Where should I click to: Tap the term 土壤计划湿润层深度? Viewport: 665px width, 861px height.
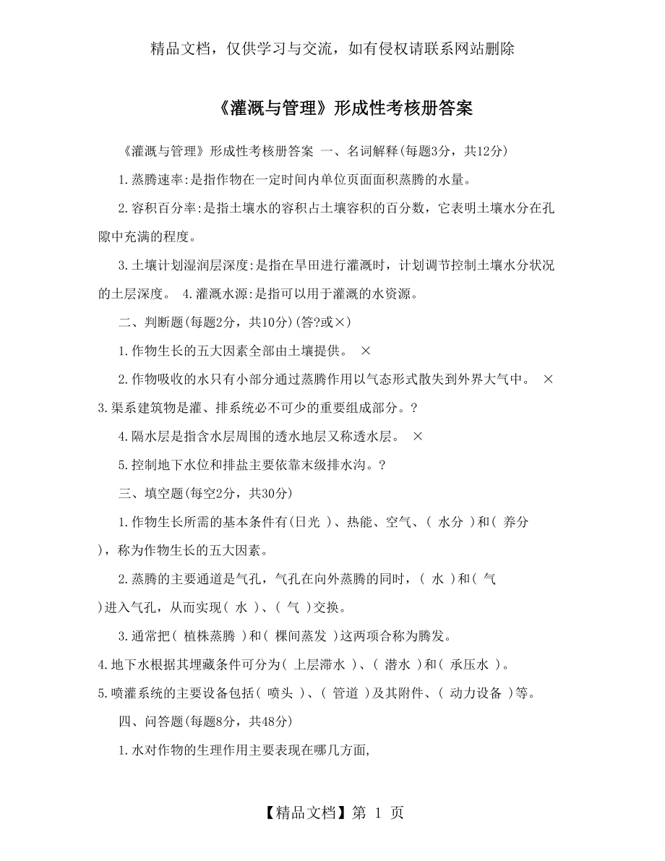pyautogui.click(x=186, y=265)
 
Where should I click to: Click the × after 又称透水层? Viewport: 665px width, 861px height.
pyautogui.click(x=417, y=436)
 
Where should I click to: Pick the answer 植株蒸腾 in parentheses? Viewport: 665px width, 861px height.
pyautogui.click(x=210, y=636)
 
